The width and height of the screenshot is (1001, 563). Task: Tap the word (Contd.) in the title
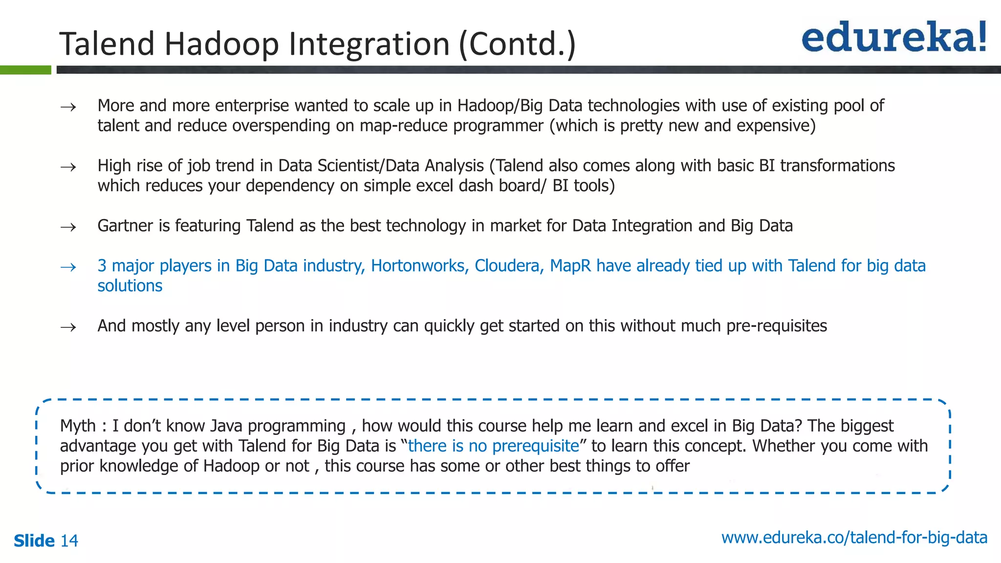[x=517, y=44]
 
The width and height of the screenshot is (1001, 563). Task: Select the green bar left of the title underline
[x=25, y=70]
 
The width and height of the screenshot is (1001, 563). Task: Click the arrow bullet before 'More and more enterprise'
[x=68, y=107]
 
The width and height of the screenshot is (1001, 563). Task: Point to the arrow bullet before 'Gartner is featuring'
[x=68, y=227]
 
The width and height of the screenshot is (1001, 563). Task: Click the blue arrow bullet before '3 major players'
[x=68, y=267]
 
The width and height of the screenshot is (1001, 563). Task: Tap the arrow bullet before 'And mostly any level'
[x=68, y=327]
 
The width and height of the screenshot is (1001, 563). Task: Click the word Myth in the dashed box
[x=78, y=426]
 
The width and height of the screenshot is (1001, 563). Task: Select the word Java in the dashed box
[x=226, y=426]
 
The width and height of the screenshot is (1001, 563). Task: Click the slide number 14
[x=69, y=541]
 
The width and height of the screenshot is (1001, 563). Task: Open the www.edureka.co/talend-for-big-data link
[x=854, y=538]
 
